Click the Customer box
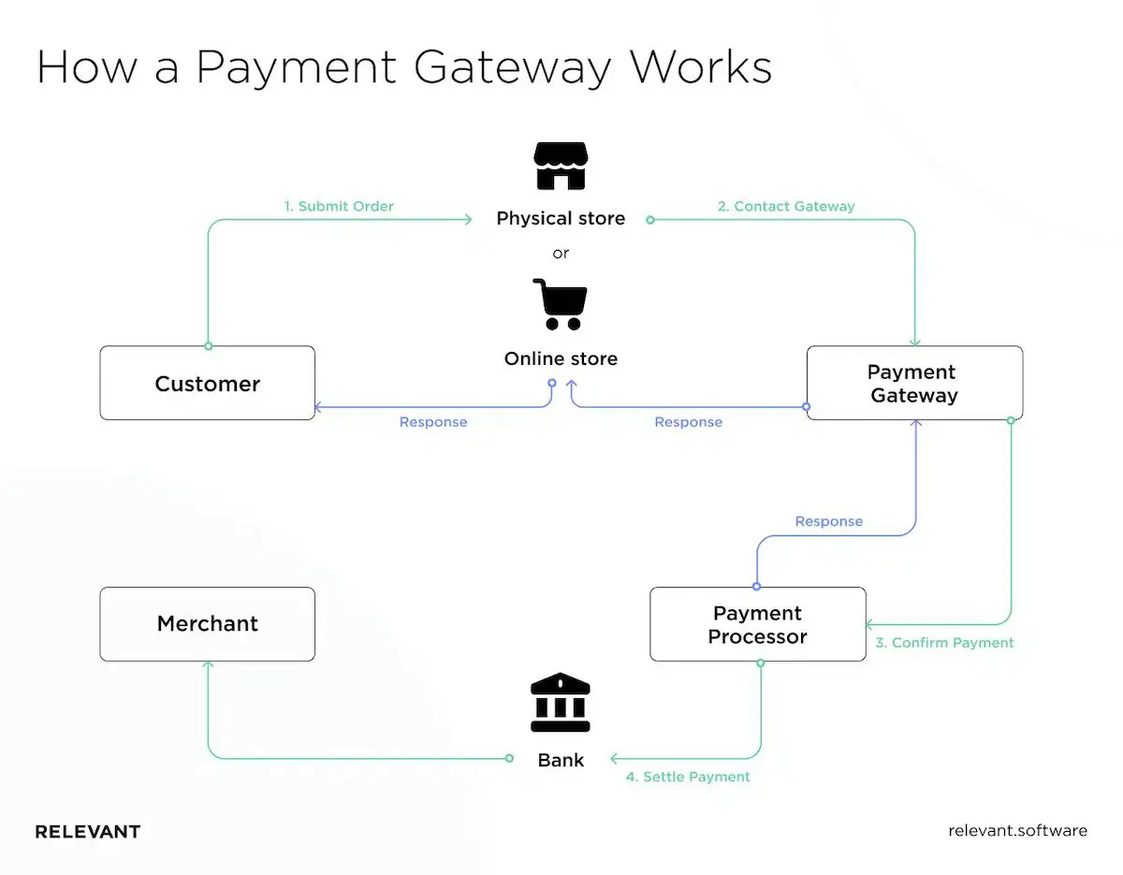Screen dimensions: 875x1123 coord(207,384)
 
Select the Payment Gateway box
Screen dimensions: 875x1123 coord(914,384)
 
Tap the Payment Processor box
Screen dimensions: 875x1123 coord(757,624)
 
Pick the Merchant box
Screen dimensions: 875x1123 coord(207,624)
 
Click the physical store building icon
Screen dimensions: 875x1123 coord(560,167)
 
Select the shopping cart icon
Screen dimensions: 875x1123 coord(560,304)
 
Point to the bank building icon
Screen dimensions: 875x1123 coord(560,703)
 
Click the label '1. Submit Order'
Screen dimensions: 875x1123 coord(339,206)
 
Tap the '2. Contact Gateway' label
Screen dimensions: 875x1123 coord(786,206)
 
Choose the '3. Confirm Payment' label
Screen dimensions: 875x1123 coord(944,643)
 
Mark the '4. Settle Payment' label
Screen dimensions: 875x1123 coord(688,777)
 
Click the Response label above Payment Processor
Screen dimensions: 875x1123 coord(828,521)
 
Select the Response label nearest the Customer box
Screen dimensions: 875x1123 coord(432,422)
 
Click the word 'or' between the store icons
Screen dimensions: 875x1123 coord(561,253)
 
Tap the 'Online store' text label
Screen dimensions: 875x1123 coord(561,358)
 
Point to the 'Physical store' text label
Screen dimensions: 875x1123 coord(561,218)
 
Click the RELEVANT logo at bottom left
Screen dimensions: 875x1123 coord(88,831)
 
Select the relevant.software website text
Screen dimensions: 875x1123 coord(1017,831)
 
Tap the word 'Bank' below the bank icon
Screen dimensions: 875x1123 coord(561,760)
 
